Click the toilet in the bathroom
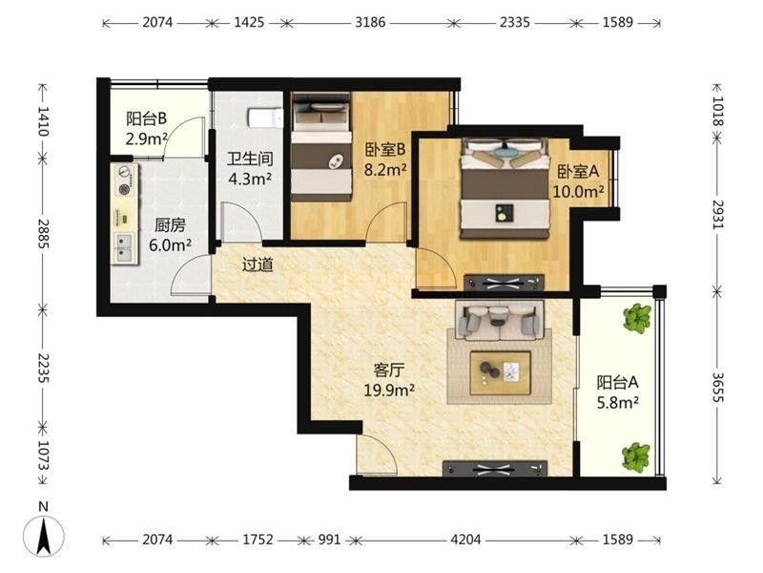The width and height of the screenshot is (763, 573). point(266,117)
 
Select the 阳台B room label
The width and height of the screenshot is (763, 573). point(146,118)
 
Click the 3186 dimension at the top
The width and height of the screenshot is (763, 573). point(370,22)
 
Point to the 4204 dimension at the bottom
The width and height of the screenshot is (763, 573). point(465,540)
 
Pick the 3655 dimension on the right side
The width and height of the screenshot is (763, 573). point(718,388)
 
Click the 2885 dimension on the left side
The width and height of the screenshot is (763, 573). point(44,234)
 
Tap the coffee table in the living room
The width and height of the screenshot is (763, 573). point(500,372)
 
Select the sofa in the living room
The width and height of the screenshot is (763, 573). point(499,320)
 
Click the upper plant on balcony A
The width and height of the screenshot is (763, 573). point(637,318)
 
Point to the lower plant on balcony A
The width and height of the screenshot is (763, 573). point(636,456)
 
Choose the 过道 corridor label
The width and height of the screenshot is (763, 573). point(258,265)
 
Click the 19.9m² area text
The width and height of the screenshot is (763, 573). point(389,390)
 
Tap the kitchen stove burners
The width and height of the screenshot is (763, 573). point(125,180)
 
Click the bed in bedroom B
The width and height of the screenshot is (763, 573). point(321,147)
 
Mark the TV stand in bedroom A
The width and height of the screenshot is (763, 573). point(504,283)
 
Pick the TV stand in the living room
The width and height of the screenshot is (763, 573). point(495,469)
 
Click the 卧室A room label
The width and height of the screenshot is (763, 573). point(578,172)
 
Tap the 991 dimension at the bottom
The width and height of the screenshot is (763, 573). point(329,540)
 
